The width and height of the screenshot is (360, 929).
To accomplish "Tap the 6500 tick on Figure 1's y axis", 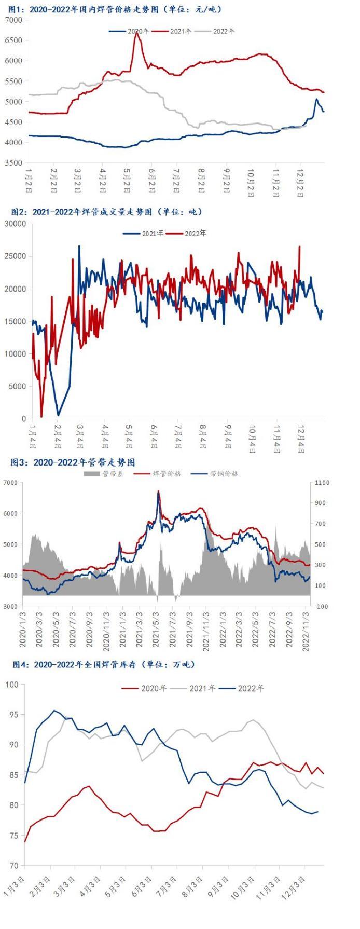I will coord(14,40).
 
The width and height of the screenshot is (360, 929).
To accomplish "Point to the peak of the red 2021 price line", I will coord(137,33).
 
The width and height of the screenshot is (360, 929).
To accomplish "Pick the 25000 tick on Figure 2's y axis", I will coord(18,256).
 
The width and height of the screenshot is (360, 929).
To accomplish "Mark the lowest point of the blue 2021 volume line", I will coord(59,415).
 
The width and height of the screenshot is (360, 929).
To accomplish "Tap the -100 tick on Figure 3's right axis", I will coord(322,606).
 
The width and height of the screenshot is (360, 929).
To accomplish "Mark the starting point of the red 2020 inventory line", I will coord(25,841).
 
